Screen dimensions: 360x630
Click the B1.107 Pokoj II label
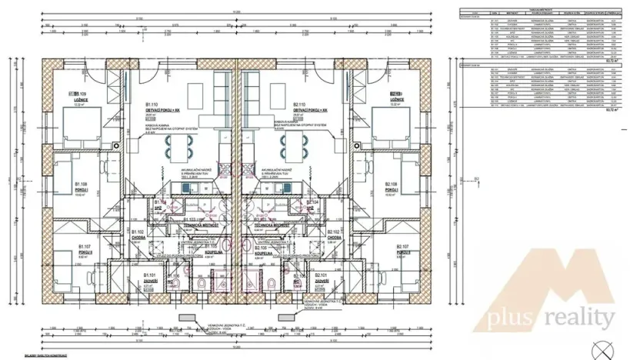(85, 251)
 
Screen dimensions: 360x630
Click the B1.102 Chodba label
(138, 235)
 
